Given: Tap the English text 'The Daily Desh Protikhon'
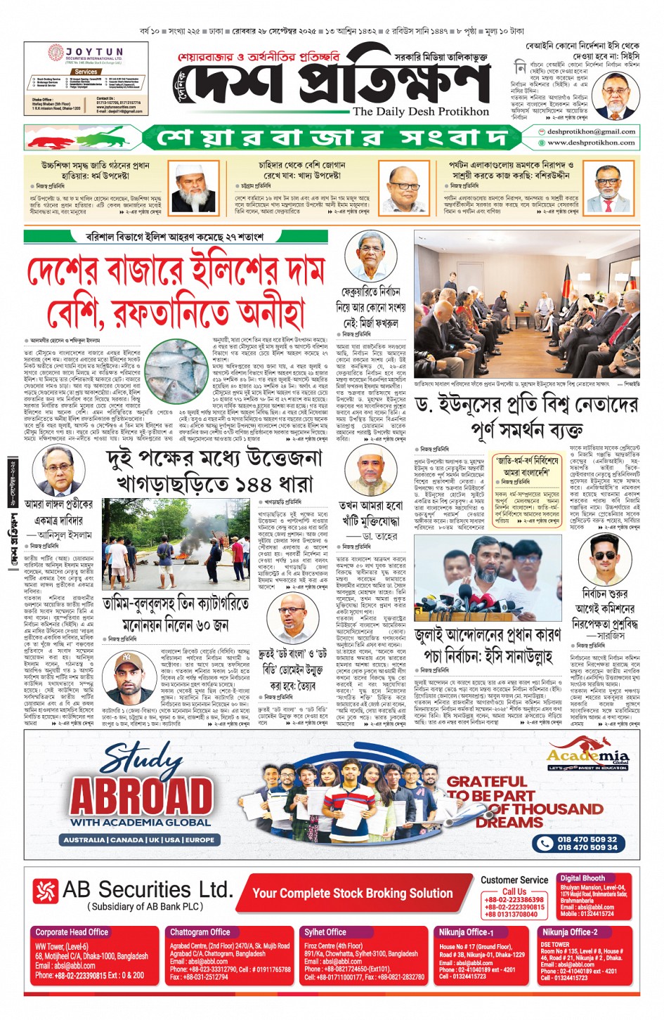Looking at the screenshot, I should coord(420,111).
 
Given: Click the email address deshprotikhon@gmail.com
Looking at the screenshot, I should coord(591,131).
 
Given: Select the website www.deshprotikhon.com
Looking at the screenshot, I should coord(591,143).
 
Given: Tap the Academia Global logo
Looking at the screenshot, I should coord(589,757).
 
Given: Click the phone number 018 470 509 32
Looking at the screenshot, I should coord(587,839).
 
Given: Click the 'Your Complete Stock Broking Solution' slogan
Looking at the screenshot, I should coord(352,893).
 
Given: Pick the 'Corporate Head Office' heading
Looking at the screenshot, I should coord(71,932).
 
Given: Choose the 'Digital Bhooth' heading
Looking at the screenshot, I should coord(582,878).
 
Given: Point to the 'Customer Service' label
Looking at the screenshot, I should coord(514,880).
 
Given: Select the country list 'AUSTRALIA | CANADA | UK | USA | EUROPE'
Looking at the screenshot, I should coord(139,839).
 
